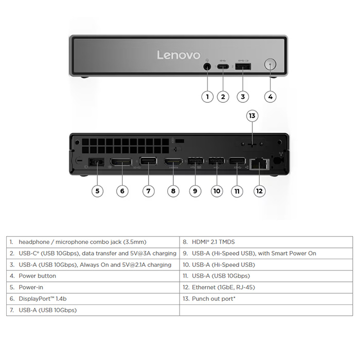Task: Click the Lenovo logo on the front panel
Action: [178, 55]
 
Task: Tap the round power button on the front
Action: [270, 64]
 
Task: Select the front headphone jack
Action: [207, 67]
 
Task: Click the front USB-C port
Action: [223, 67]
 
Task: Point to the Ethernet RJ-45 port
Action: [259, 164]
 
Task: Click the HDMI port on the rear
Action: [173, 162]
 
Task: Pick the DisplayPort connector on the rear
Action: [121, 162]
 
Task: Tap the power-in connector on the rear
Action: [97, 163]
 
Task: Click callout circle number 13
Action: [252, 116]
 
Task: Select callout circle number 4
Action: [270, 97]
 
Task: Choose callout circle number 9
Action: [195, 191]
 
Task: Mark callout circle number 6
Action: [122, 191]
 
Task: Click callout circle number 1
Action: [207, 97]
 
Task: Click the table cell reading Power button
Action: [93, 276]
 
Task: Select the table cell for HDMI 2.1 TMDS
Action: [266, 242]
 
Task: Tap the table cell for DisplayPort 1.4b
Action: [93, 299]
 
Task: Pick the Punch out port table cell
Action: [266, 299]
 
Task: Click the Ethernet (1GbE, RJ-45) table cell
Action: [266, 287]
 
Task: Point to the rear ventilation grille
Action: [125, 146]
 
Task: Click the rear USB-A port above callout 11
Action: [237, 161]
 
